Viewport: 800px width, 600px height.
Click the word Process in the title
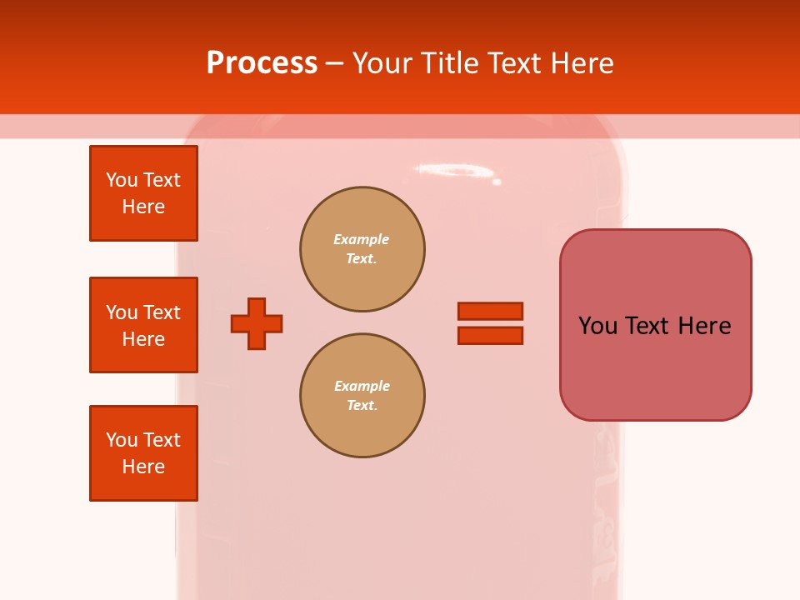coord(262,62)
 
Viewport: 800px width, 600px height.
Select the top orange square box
coord(143,193)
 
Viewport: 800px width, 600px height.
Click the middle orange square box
coord(143,325)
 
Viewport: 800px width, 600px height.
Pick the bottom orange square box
coord(143,453)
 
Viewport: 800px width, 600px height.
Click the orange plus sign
coord(257,323)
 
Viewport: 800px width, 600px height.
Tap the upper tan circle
coord(362,249)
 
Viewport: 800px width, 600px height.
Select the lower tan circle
coord(362,396)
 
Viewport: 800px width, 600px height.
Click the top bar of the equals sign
coord(490,311)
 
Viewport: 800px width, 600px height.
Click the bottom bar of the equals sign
coord(490,336)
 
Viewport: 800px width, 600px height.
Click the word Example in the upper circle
coord(361,239)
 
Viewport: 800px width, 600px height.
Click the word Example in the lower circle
coord(361,386)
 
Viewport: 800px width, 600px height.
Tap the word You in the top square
coord(122,180)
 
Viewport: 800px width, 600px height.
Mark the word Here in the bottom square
coord(143,467)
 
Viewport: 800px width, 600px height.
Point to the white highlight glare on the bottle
coord(454,171)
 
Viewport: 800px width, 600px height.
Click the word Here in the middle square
coord(143,339)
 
